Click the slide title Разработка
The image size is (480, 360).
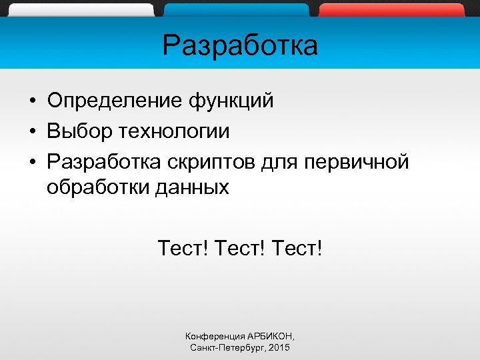click(240, 46)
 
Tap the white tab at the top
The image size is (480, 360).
click(83, 10)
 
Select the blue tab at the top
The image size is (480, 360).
click(237, 10)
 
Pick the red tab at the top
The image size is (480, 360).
click(391, 10)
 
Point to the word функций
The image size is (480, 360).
click(231, 101)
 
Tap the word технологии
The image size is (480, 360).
click(174, 131)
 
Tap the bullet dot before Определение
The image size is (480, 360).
click(32, 102)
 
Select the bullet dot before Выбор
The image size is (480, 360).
click(32, 132)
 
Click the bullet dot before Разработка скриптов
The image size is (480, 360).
click(32, 163)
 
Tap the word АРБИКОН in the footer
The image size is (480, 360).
click(271, 336)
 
